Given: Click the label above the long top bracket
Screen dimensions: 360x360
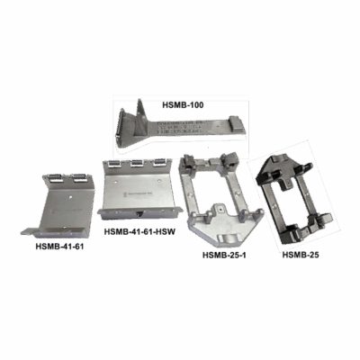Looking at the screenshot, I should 184,105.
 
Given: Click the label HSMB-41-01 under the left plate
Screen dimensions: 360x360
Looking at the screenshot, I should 59,245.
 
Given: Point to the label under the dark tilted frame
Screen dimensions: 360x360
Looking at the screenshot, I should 301,255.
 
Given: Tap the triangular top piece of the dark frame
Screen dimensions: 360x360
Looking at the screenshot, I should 278,166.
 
